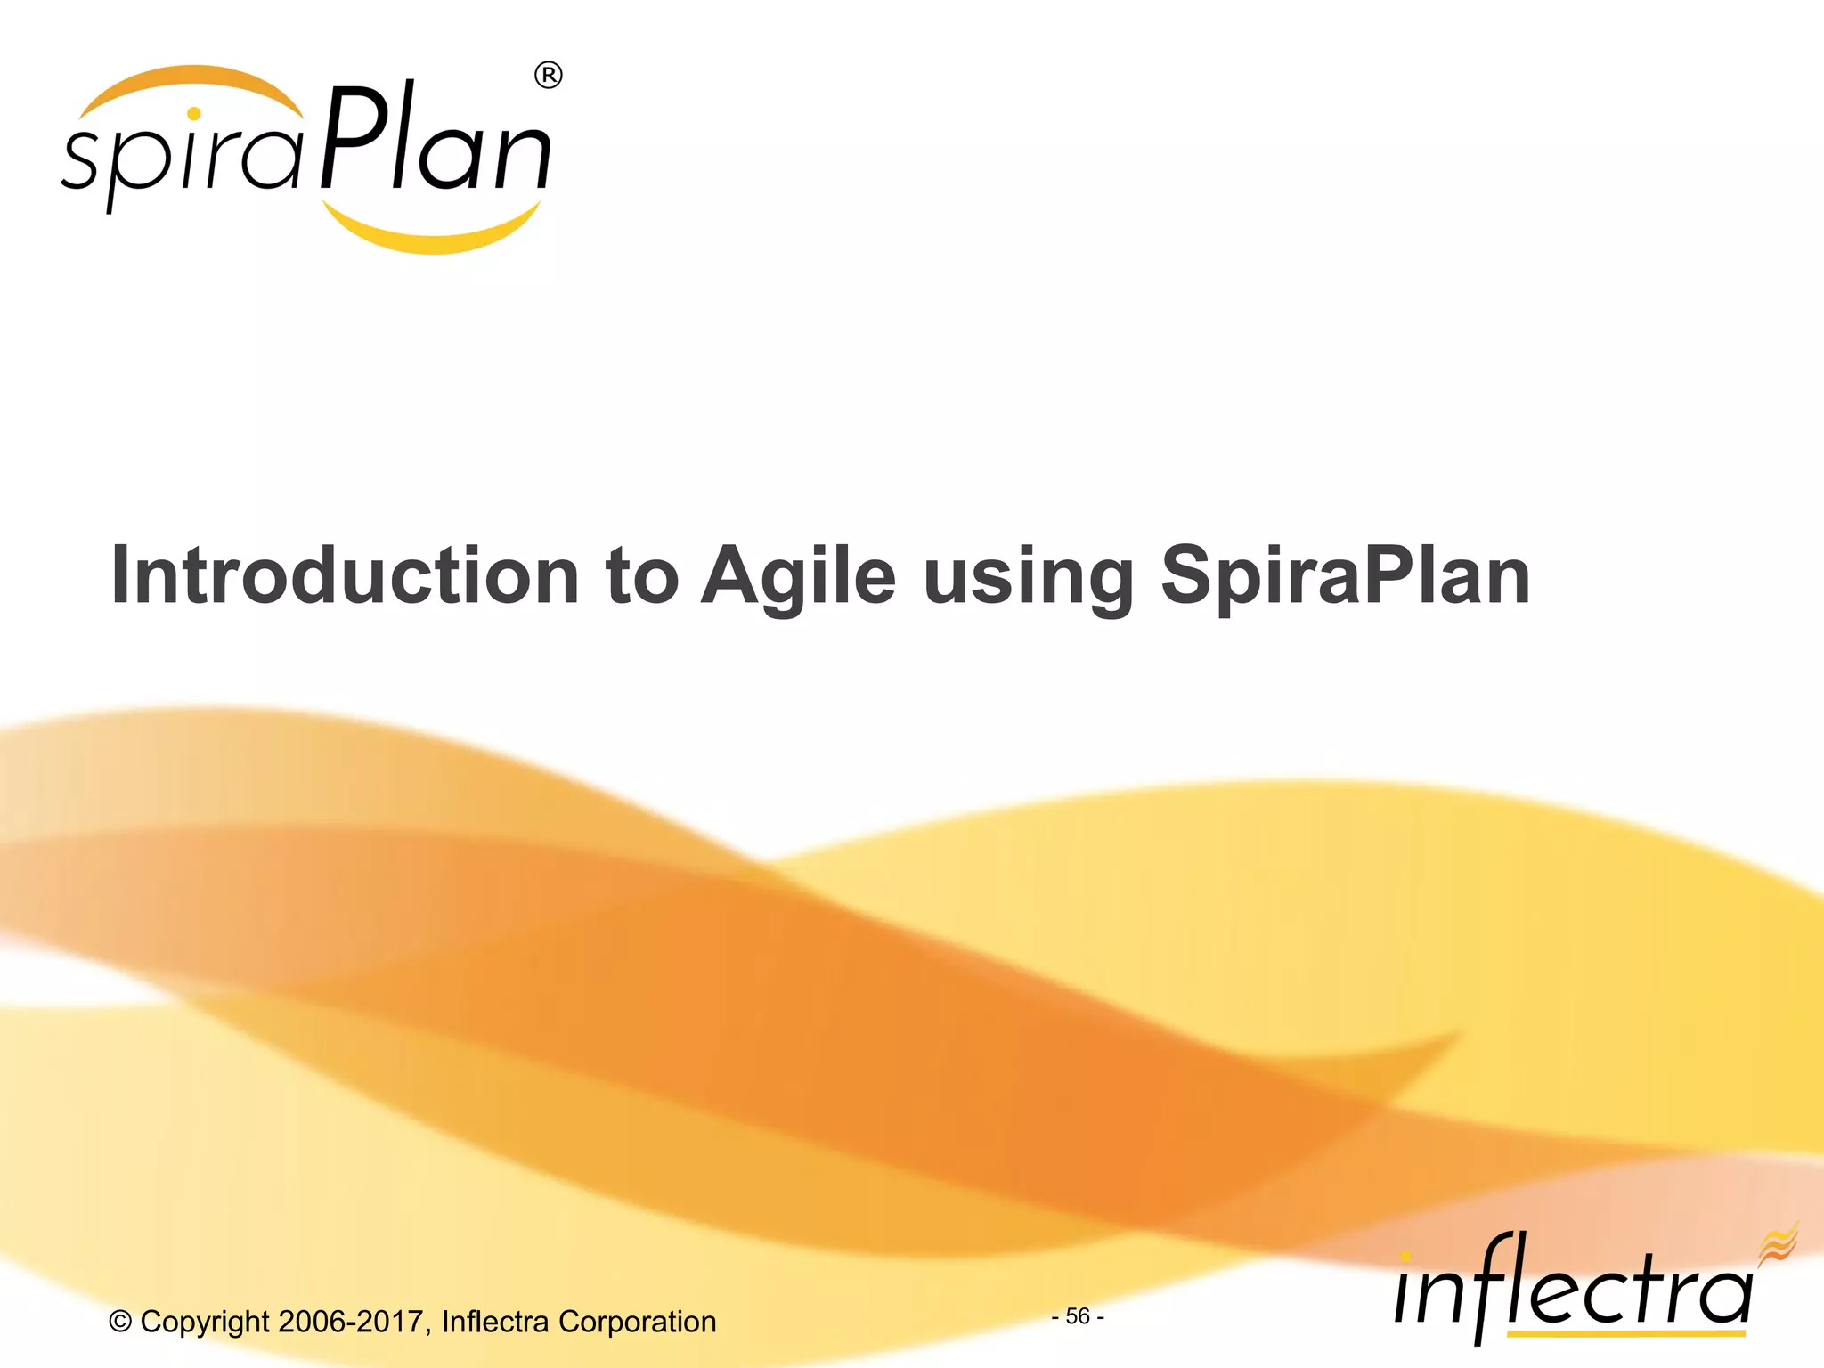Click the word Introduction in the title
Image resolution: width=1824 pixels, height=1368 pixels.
click(345, 576)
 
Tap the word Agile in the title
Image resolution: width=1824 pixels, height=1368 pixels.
click(798, 576)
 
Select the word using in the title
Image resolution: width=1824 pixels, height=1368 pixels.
click(1029, 576)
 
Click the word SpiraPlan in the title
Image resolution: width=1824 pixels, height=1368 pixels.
click(1345, 576)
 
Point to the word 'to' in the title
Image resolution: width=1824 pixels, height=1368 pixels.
click(641, 576)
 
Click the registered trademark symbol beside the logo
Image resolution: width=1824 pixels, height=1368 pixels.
click(549, 76)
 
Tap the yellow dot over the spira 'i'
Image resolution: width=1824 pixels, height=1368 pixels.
click(194, 114)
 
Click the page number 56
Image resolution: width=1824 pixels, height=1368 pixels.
click(1078, 1315)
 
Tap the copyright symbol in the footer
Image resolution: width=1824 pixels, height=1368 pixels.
click(120, 1322)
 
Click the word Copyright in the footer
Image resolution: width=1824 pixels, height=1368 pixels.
click(204, 1322)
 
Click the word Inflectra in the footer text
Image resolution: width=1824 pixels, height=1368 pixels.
click(495, 1322)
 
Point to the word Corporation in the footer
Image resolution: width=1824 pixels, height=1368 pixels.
click(637, 1322)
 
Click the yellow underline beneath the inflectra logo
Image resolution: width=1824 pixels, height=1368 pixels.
click(1625, 1333)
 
